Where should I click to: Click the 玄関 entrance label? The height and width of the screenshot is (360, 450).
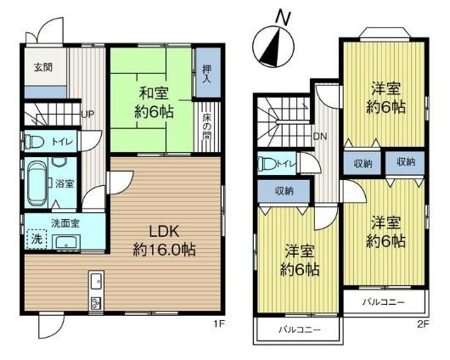(x=43, y=67)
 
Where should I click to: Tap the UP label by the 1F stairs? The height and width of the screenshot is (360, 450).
(x=87, y=114)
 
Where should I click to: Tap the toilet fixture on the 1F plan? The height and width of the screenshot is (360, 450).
(x=34, y=142)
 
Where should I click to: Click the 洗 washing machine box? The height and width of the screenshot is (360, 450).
(x=36, y=240)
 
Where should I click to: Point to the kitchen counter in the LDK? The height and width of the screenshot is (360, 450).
(x=95, y=291)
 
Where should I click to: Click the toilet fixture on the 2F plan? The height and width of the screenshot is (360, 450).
(x=267, y=164)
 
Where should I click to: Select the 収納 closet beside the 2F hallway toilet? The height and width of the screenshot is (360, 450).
(x=284, y=191)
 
